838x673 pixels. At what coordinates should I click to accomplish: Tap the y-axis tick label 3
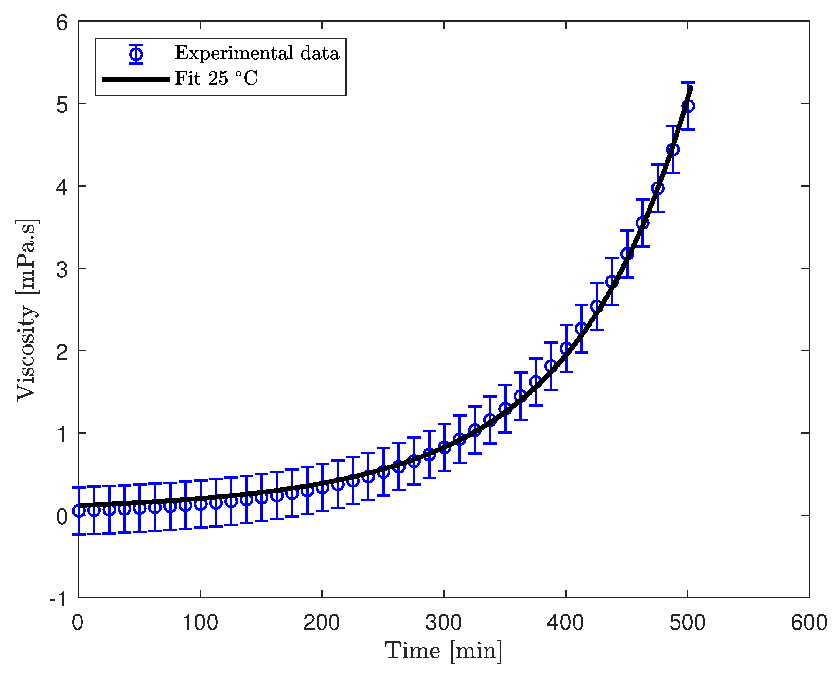click(x=62, y=269)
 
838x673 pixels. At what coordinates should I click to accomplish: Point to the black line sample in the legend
click(x=136, y=80)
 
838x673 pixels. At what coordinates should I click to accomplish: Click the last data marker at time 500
click(x=687, y=106)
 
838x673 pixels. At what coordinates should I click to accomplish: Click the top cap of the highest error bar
click(x=687, y=82)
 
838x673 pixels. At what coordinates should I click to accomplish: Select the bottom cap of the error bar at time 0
click(x=79, y=535)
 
